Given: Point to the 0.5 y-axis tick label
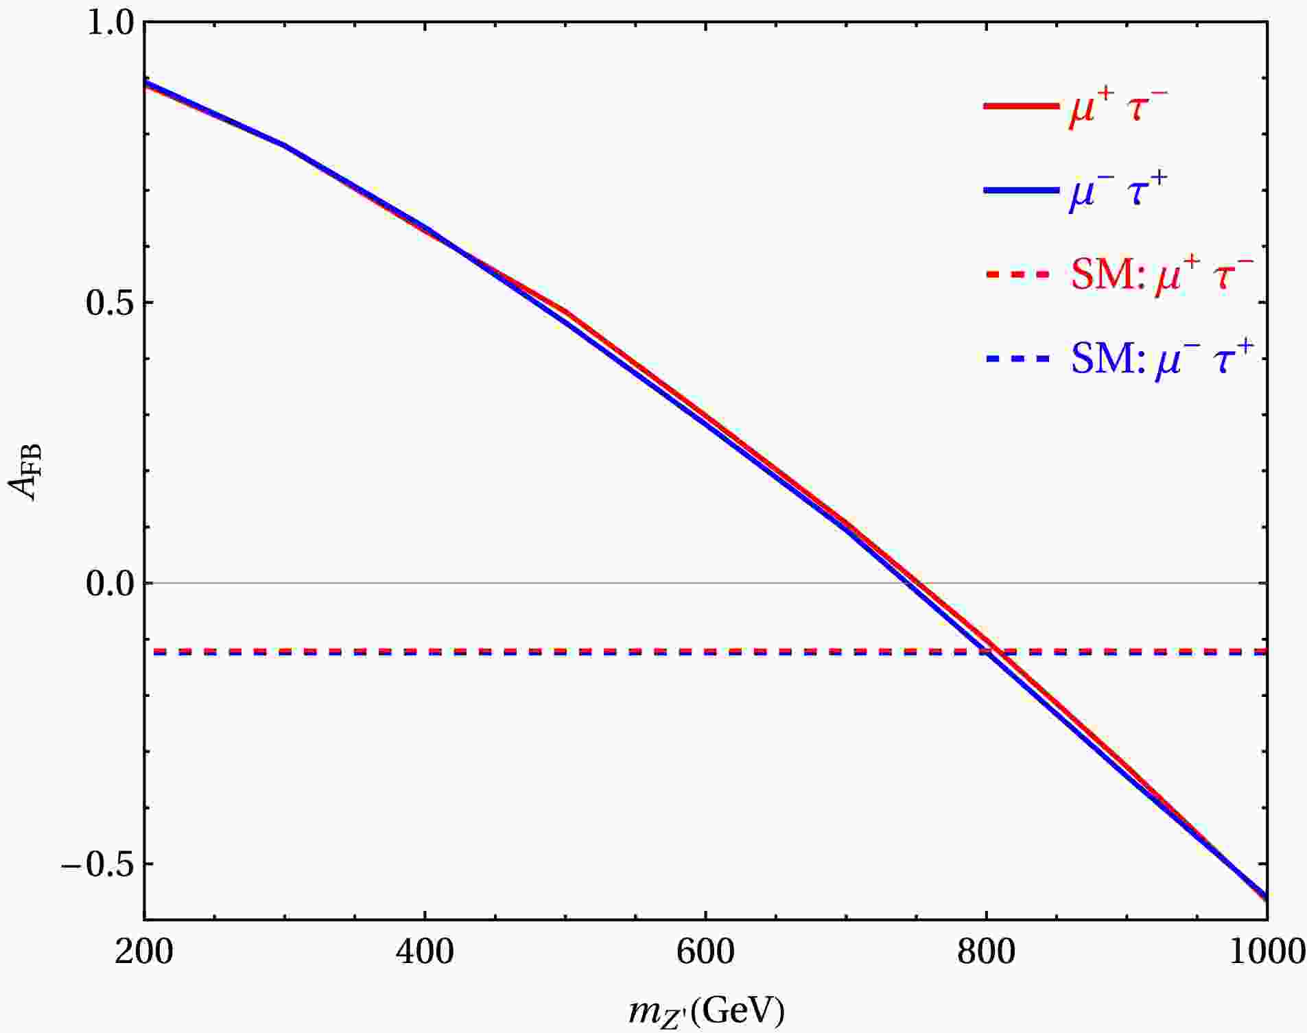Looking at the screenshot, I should [110, 302].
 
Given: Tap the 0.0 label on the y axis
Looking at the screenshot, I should [110, 583].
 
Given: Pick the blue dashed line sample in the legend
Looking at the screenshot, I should [1019, 359].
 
